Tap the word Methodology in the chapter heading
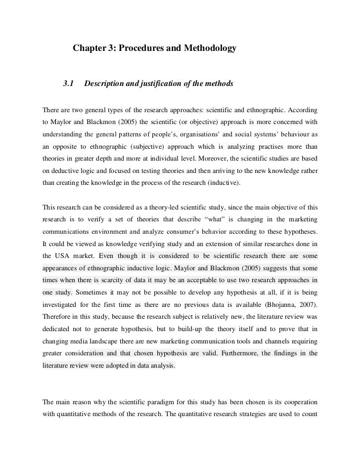pos(209,49)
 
